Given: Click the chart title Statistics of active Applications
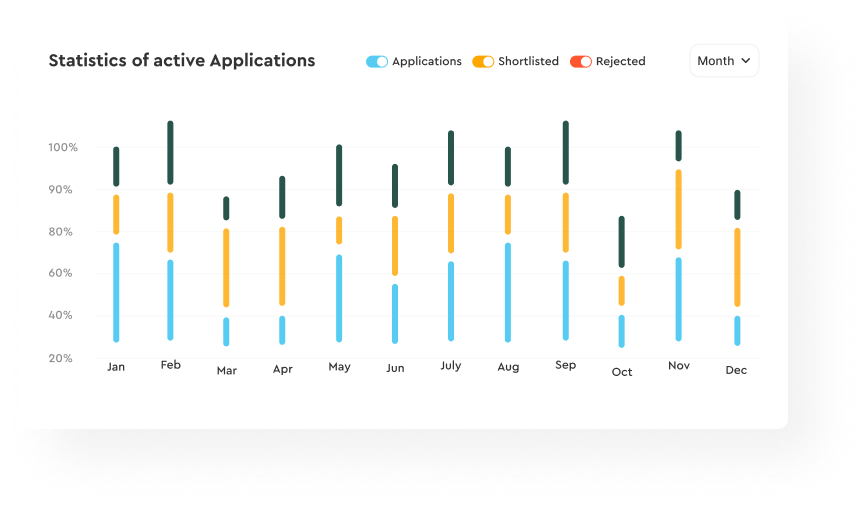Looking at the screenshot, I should (182, 60).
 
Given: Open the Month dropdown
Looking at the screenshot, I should (724, 61).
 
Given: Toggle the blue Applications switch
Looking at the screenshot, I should (377, 61).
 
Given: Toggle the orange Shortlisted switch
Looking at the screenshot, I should (483, 61).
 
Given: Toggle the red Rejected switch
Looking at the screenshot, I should (581, 61).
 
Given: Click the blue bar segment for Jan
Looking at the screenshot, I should (116, 292).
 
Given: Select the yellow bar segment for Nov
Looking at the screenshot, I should (679, 209).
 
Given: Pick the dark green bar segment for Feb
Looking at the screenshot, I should (170, 152).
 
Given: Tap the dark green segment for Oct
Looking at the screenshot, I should (622, 241).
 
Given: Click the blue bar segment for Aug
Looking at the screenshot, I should (508, 292).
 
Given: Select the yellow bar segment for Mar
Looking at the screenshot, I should (226, 267).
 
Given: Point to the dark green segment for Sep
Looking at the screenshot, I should (566, 152).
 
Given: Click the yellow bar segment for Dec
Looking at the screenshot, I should (737, 267).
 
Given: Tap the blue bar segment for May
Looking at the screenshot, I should (339, 298).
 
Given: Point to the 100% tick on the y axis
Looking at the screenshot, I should (63, 147).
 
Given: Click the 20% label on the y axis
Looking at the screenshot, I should (60, 358).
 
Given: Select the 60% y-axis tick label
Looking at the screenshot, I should (60, 273).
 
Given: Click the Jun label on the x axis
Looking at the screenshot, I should (395, 368).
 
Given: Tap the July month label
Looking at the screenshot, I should (451, 366).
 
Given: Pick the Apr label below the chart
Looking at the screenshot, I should (283, 369).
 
